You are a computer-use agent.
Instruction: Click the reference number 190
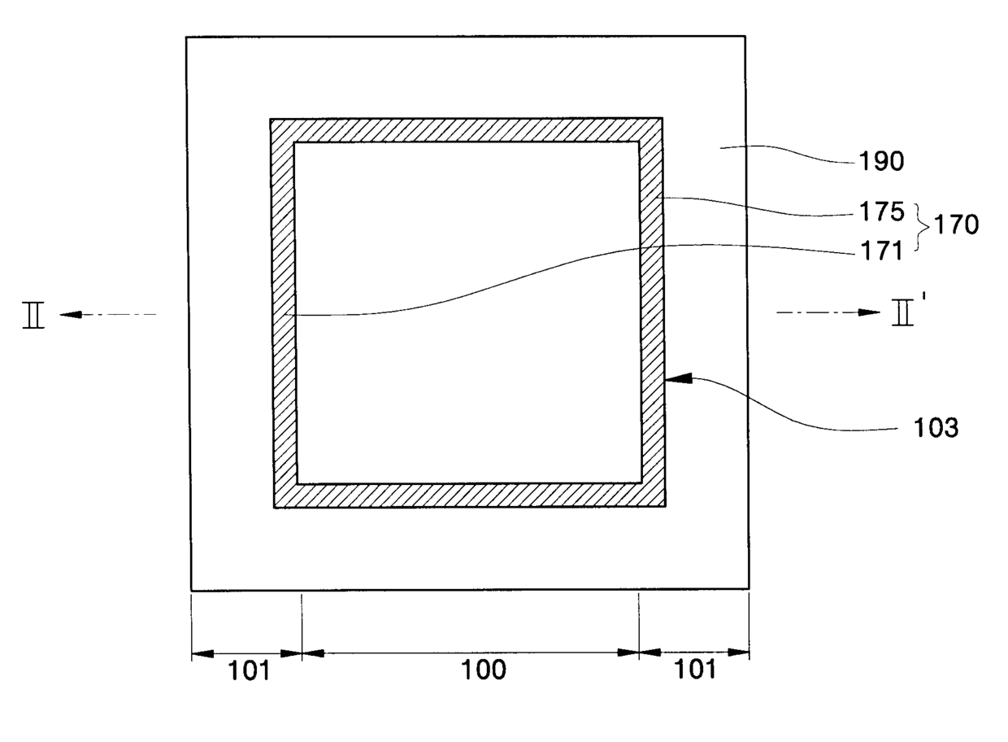coord(881,162)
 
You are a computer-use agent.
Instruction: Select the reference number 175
coord(881,212)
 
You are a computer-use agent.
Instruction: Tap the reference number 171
coord(881,251)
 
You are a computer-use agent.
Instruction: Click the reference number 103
coord(936,428)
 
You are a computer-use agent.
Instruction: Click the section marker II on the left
coord(33,315)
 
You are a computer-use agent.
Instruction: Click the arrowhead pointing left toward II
coord(68,314)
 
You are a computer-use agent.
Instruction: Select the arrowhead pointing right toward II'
coord(873,312)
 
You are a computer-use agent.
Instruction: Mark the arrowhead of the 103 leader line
coord(676,378)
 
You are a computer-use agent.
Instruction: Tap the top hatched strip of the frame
coord(467,130)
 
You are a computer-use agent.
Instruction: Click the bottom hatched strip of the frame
coord(468,495)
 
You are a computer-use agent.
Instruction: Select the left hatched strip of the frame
coord(284,313)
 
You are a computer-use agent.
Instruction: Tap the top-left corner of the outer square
coord(187,37)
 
